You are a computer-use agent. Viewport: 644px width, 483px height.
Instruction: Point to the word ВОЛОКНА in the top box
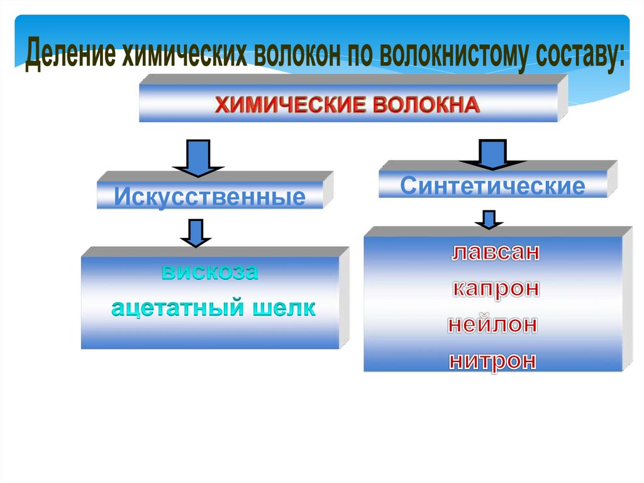coord(426,104)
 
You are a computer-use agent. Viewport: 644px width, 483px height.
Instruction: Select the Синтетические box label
coord(492,186)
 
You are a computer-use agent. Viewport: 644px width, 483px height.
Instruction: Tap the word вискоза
coord(210,274)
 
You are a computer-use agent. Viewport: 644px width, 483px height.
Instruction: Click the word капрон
coord(495,289)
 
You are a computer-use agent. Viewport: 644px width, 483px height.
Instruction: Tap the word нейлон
coord(493,325)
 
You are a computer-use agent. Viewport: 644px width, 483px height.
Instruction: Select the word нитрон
coord(493,361)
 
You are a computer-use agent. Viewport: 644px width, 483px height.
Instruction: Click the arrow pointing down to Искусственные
coord(197,157)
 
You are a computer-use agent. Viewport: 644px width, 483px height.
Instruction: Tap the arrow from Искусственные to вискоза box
coord(195,232)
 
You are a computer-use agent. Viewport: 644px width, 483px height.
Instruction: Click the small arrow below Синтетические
coord(488,219)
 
